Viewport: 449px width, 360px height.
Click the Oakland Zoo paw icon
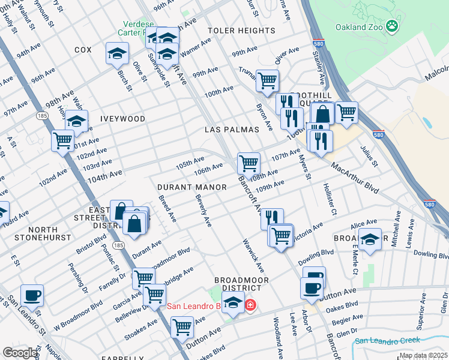click(392, 26)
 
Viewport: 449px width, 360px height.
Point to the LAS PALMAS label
click(232, 130)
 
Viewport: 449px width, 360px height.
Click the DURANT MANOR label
click(192, 187)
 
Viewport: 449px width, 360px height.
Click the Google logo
click(20, 353)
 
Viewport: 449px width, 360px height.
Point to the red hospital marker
click(250, 306)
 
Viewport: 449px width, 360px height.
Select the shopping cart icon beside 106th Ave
click(249, 163)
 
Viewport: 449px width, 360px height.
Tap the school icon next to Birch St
click(117, 53)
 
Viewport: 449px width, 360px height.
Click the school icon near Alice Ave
click(371, 239)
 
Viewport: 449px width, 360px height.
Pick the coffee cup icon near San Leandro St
click(32, 296)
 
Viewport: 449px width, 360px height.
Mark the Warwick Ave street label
click(253, 255)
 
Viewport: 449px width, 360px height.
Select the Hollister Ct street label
click(330, 199)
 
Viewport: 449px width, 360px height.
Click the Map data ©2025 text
click(423, 355)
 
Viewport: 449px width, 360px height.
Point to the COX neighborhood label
click(82, 50)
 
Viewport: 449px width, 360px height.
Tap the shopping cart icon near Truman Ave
click(267, 80)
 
